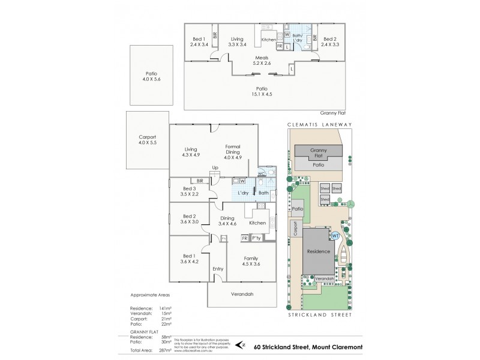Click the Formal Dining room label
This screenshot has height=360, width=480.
click(233, 150)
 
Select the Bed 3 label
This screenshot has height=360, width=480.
click(189, 191)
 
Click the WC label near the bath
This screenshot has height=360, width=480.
click(261, 174)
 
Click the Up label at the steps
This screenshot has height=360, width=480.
click(214, 167)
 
